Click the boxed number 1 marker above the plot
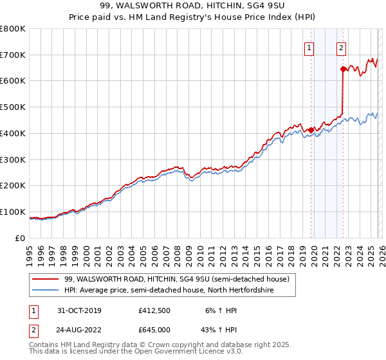(x=309, y=47)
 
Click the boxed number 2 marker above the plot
(x=340, y=47)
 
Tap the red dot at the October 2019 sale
(x=311, y=130)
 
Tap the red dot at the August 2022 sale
(x=343, y=68)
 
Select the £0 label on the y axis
(x=21, y=238)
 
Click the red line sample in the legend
(x=46, y=279)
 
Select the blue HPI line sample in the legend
(x=46, y=291)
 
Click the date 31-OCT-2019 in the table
(x=79, y=310)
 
